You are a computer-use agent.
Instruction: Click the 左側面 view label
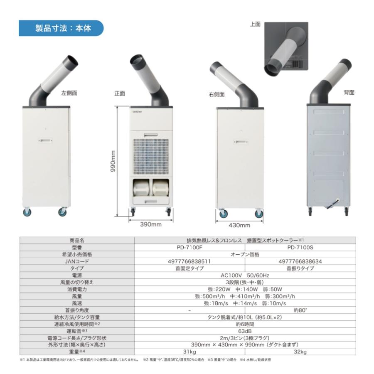click(69, 93)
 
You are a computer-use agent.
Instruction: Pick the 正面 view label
click(120, 93)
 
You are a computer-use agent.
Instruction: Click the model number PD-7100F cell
click(190, 247)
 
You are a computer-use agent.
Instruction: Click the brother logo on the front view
click(137, 112)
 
